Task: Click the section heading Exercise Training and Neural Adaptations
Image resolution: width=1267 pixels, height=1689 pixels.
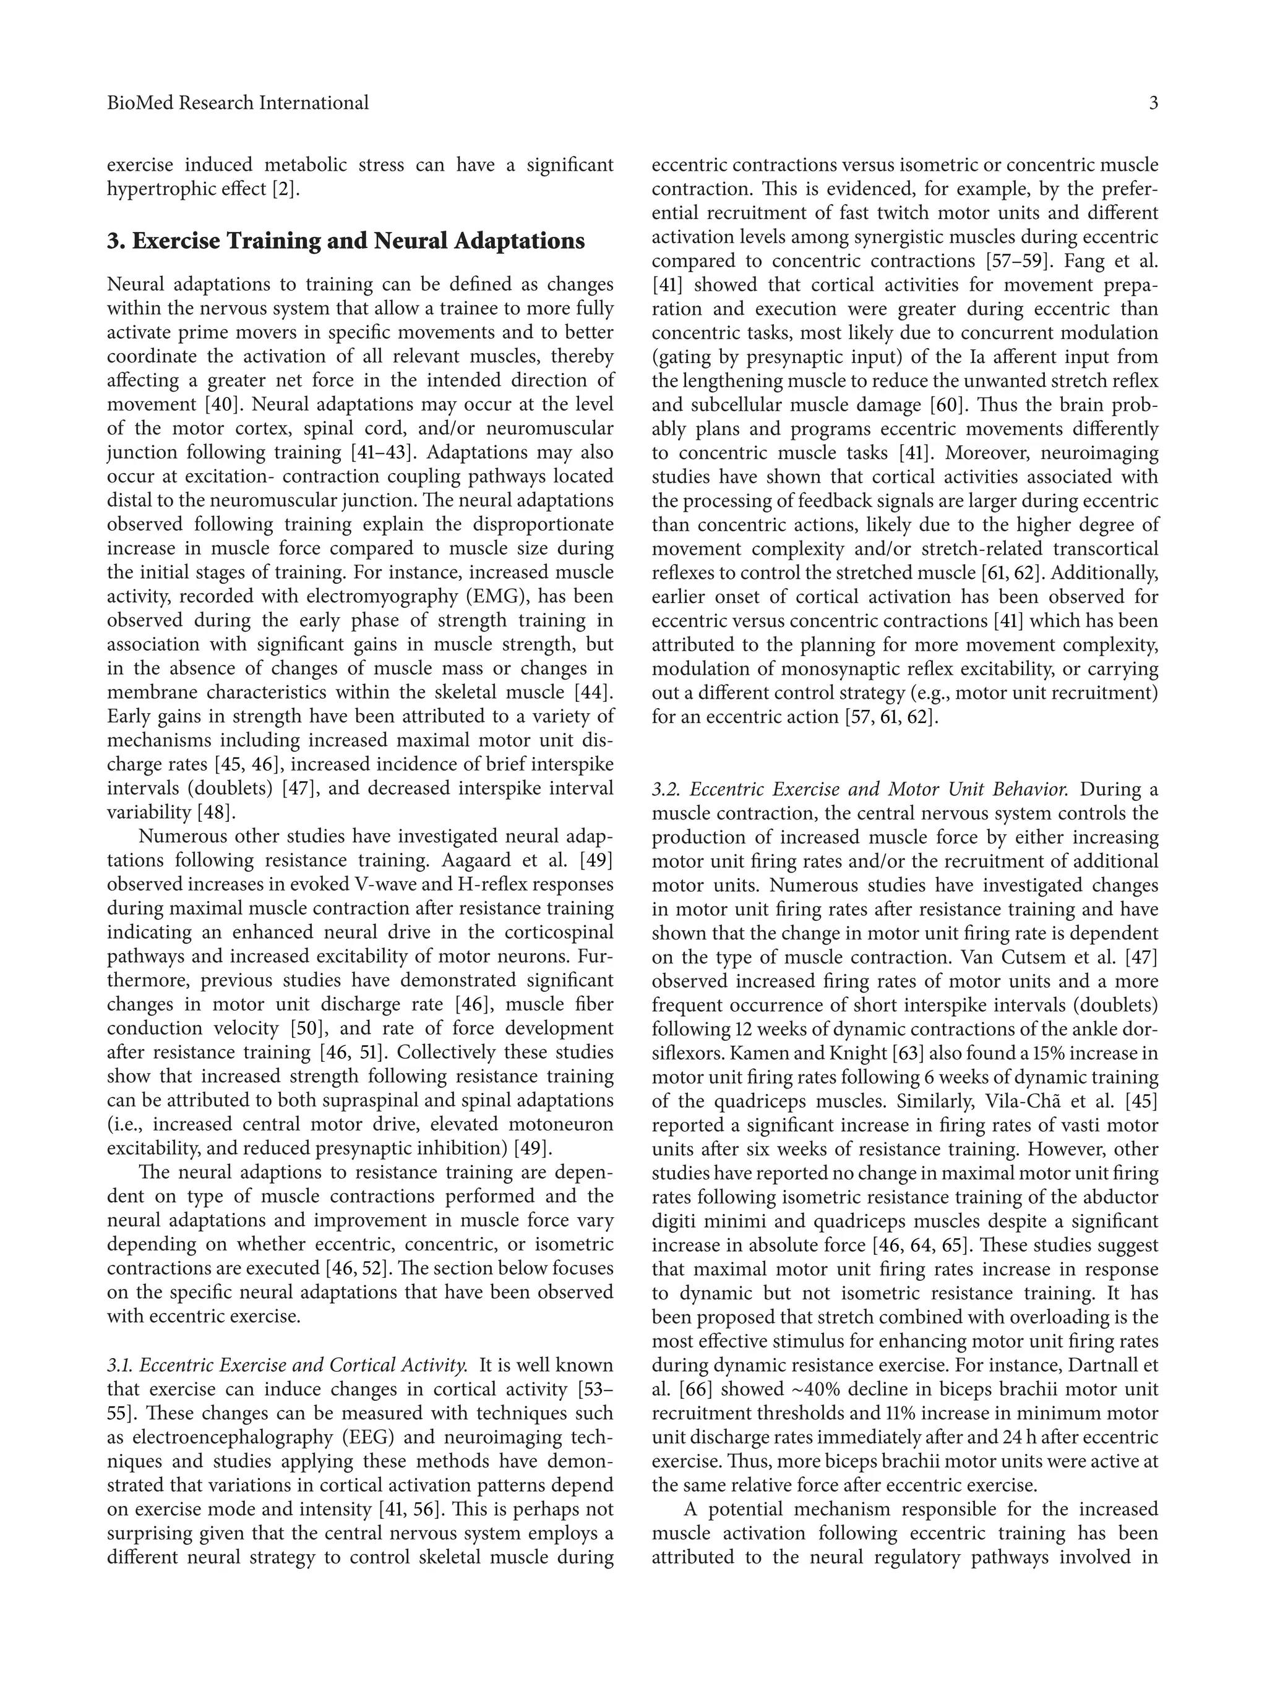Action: (x=346, y=241)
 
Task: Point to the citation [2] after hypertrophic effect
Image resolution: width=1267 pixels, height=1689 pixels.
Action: (x=286, y=189)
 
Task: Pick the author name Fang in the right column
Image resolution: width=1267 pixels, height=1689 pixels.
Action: (x=1084, y=261)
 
